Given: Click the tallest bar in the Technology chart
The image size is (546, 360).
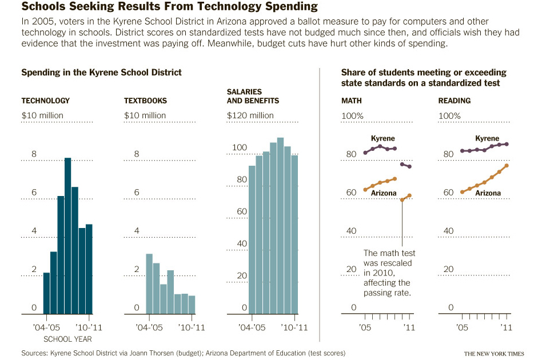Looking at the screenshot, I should [67, 235].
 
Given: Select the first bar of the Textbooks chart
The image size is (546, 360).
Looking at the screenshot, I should [149, 283].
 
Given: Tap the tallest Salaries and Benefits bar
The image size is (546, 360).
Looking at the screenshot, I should [280, 226].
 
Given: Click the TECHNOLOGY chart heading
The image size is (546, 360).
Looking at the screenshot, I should [45, 101].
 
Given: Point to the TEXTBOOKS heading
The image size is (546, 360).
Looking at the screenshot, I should [145, 101].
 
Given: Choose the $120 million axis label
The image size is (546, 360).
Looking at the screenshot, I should [250, 115].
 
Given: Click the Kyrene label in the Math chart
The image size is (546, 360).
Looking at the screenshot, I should [382, 138].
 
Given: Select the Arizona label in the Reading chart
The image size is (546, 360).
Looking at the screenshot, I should [488, 193].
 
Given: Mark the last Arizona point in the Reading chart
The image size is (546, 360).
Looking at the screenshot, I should [507, 166].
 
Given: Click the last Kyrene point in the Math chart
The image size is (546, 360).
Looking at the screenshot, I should [409, 166].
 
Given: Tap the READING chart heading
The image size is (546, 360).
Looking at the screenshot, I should [454, 101].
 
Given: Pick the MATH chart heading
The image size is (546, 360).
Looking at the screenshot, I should [351, 101].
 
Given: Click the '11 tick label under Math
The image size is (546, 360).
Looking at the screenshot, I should [409, 328].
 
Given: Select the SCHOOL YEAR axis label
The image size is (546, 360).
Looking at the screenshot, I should [60, 339].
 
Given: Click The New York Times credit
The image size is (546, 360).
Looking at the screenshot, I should [493, 354].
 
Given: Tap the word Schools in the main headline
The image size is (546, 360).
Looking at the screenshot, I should [43, 7].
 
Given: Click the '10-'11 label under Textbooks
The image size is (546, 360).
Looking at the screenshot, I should [191, 328].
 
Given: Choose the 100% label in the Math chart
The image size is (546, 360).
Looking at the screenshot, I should [352, 115].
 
